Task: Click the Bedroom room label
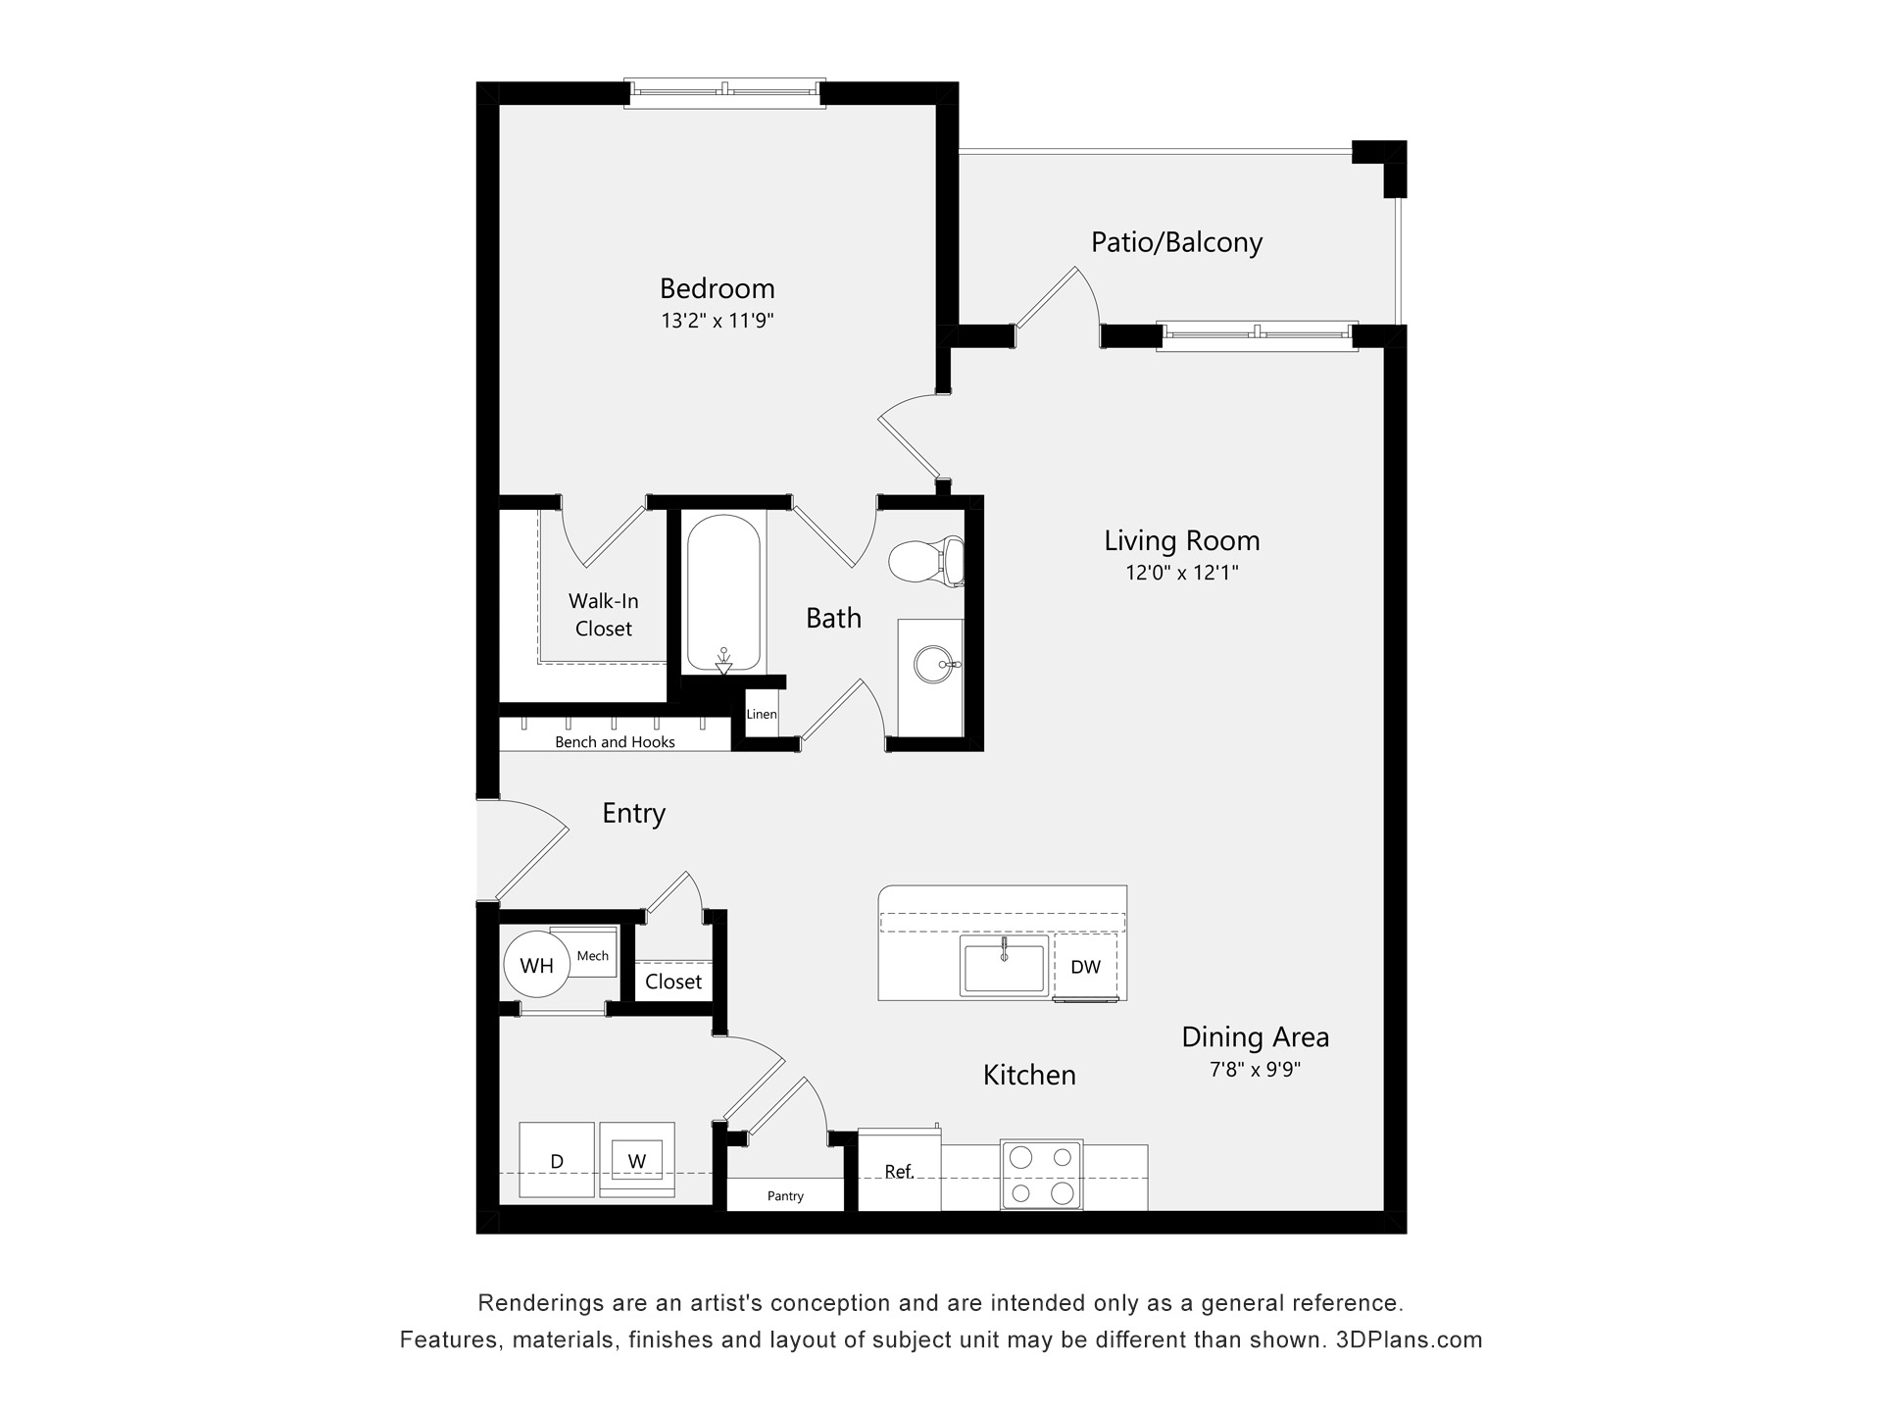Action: point(717,288)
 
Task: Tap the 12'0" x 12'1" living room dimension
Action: point(1181,573)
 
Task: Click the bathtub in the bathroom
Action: point(723,593)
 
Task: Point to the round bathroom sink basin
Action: point(932,665)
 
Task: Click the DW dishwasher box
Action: point(1085,967)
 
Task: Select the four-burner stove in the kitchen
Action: point(1041,1175)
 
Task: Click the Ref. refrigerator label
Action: point(899,1172)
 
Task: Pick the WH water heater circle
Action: point(536,966)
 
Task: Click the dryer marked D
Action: point(557,1161)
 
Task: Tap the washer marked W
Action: point(637,1161)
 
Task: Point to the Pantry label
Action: point(785,1196)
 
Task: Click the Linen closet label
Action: point(762,714)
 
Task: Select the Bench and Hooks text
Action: point(615,742)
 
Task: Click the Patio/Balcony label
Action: point(1176,242)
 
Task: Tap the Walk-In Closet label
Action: point(603,615)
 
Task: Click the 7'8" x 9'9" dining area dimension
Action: point(1255,1069)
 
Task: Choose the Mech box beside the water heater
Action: point(592,955)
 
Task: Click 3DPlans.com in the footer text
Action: point(1409,1339)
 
